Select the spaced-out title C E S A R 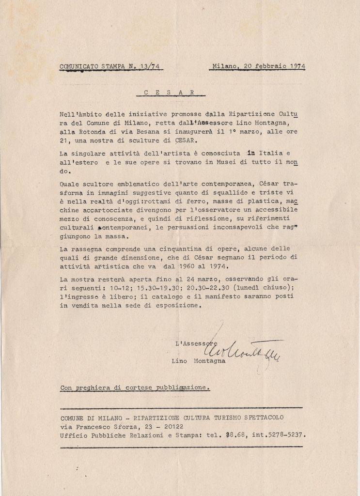pyautogui.click(x=169, y=92)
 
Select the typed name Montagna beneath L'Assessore pyautogui.click(x=210, y=361)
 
